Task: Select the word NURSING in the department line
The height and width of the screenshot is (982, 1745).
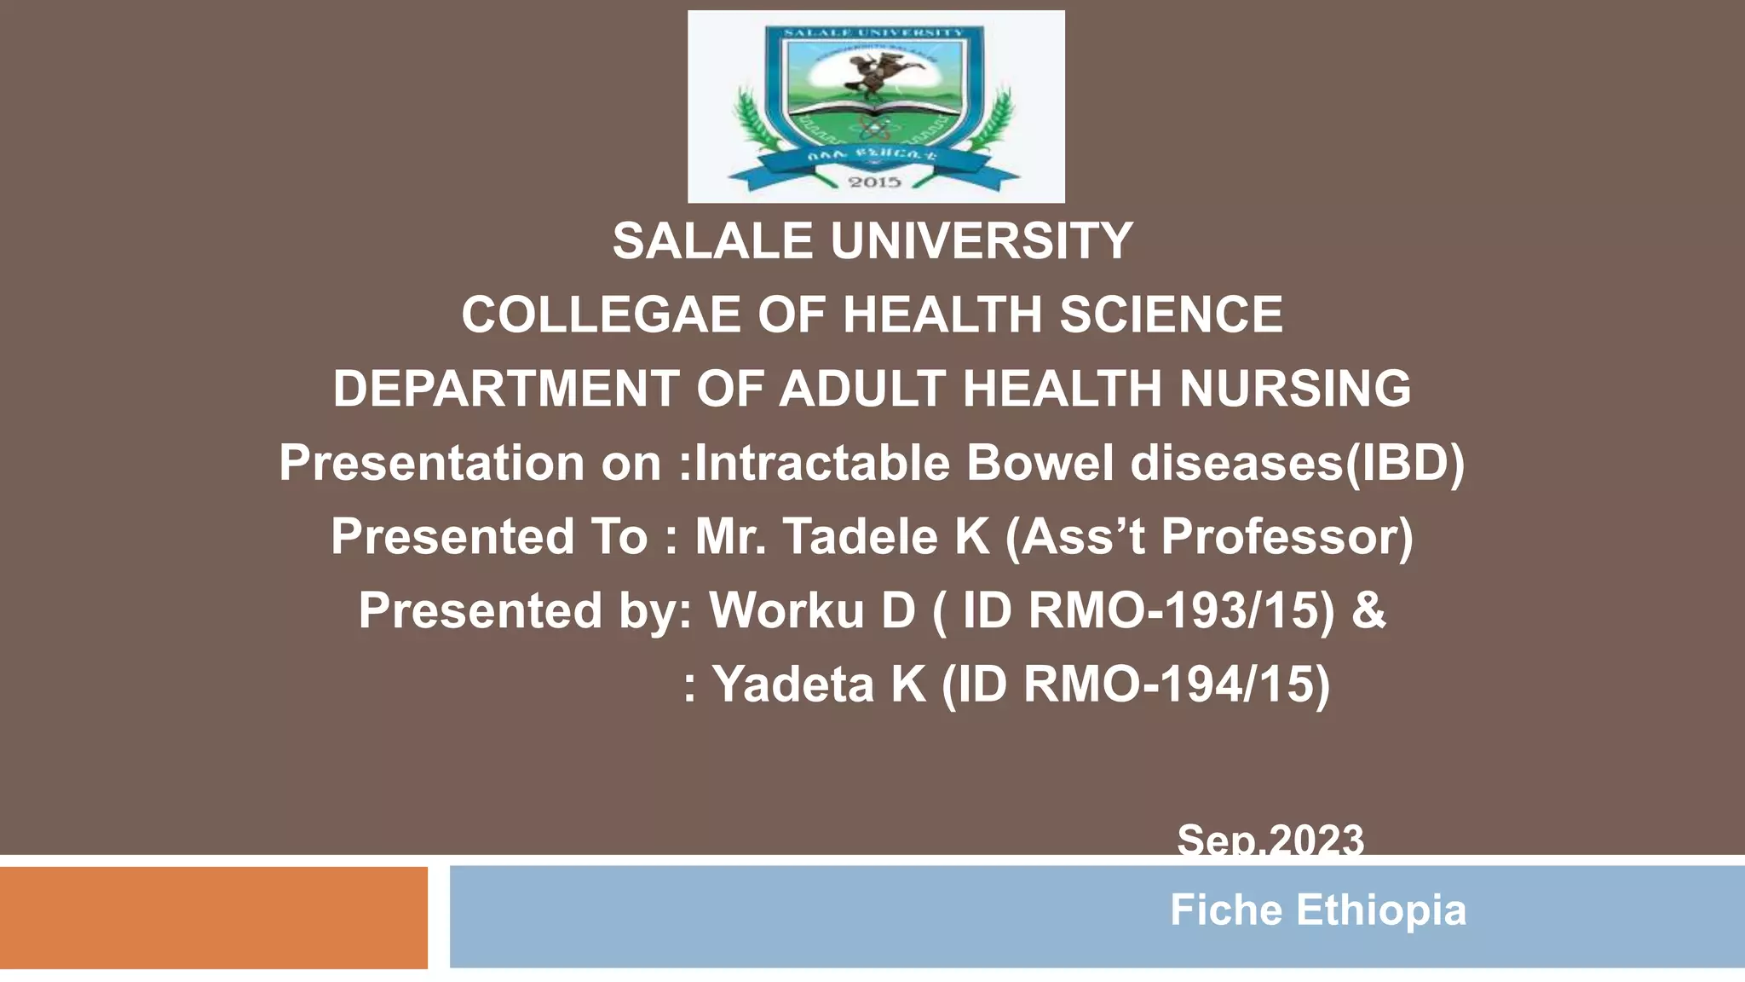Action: pyautogui.click(x=1295, y=389)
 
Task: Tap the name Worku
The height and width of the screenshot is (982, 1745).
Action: pyautogui.click(x=786, y=610)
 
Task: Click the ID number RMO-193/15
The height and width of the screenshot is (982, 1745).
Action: pyautogui.click(x=1181, y=610)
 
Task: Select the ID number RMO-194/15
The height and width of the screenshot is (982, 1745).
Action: pyautogui.click(x=1176, y=685)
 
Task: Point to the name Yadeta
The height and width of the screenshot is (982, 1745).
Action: pyautogui.click(x=793, y=685)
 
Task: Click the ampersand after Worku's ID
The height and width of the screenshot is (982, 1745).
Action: pyautogui.click(x=1368, y=610)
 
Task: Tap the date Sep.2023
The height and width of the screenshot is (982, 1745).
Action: pyautogui.click(x=1270, y=839)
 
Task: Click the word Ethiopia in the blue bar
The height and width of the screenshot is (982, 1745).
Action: pyautogui.click(x=1380, y=910)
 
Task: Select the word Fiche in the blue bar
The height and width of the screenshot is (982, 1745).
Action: pyautogui.click(x=1225, y=910)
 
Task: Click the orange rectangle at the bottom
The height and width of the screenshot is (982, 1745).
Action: pyautogui.click(x=213, y=917)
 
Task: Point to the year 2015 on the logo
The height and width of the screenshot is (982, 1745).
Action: pyautogui.click(x=875, y=182)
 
